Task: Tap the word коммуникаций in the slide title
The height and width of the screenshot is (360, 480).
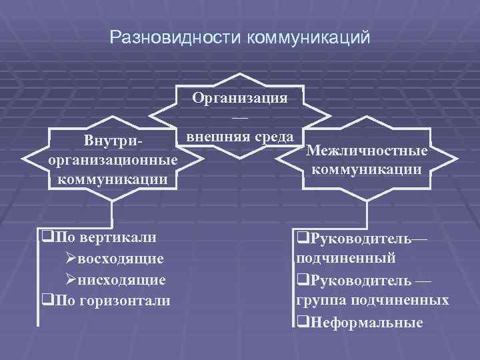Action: [308, 38]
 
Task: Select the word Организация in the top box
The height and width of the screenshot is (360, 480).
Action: [239, 97]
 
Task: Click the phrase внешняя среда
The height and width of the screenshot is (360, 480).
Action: [239, 136]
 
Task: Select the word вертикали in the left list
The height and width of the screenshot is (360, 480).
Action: [118, 237]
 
